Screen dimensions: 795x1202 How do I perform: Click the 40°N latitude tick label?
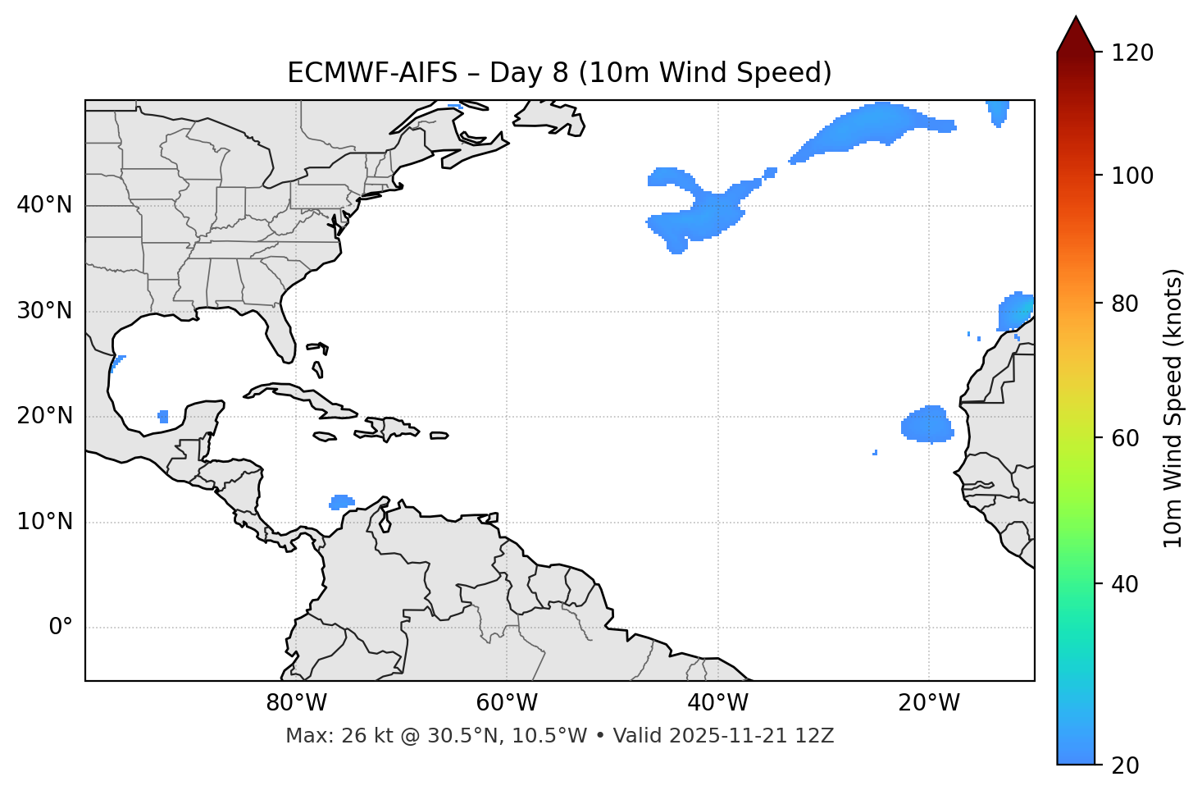[x=44, y=205]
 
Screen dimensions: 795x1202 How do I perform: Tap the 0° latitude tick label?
[x=60, y=628]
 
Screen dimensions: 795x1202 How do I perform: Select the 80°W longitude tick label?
[x=296, y=703]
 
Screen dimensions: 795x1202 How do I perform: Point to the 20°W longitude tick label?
[x=929, y=703]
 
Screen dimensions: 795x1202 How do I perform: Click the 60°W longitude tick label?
[x=507, y=703]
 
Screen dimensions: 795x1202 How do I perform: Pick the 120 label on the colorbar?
[x=1132, y=53]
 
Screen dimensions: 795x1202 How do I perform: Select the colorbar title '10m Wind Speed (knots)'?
[x=1173, y=408]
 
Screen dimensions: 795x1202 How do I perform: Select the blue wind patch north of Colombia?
[x=341, y=501]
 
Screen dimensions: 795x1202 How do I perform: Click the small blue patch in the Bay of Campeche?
[x=163, y=417]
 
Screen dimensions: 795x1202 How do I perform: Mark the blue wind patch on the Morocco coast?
[x=1014, y=313]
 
